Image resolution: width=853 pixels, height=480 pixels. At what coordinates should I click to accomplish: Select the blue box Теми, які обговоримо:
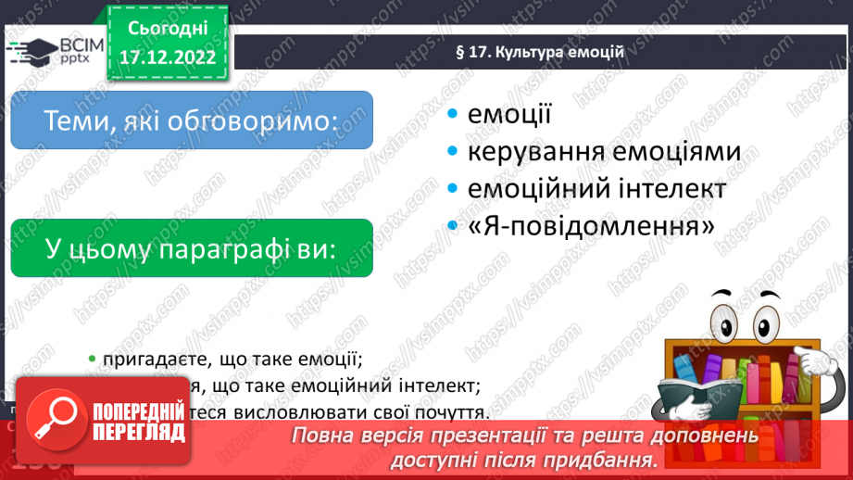tap(191, 120)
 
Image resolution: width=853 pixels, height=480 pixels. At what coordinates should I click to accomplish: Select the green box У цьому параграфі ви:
tap(191, 248)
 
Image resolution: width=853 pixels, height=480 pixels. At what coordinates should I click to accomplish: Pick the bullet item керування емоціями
tap(604, 151)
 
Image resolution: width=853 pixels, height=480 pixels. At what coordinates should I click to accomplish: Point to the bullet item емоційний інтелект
tap(596, 188)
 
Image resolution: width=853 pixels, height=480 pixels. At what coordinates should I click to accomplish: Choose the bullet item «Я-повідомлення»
tap(591, 225)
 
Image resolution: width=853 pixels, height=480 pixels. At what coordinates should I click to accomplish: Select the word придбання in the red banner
tap(599, 460)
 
